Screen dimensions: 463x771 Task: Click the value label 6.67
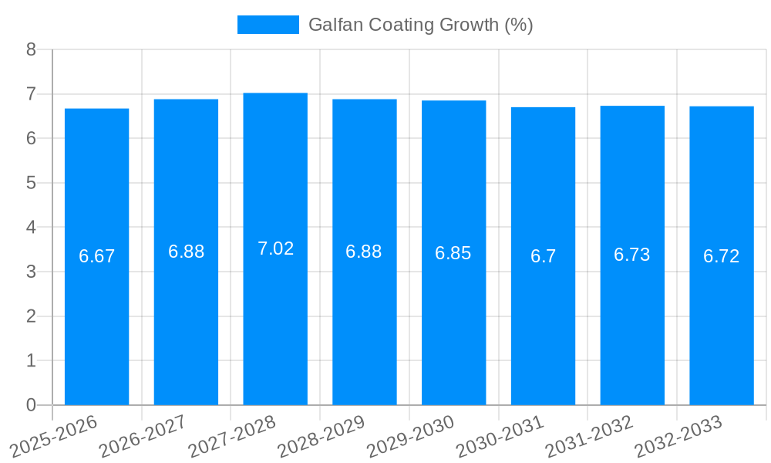96,256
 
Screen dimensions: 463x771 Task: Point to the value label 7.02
275,248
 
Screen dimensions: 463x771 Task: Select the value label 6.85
453,253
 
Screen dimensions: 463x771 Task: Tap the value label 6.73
632,255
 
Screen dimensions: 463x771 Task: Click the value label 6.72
721,256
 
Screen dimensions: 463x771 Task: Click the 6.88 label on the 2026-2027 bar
186,252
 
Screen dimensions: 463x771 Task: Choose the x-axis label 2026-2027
143,436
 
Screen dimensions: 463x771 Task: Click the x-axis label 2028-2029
322,436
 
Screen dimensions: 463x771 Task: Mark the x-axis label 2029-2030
411,436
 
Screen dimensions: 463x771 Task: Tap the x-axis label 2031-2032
589,436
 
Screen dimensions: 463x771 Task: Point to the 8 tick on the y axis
31,49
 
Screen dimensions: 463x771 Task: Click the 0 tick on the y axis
31,405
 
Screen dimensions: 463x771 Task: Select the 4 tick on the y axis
31,228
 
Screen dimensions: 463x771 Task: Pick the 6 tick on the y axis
31,138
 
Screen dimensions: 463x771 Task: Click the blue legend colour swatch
268,25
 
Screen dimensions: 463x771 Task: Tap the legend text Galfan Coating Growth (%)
420,25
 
